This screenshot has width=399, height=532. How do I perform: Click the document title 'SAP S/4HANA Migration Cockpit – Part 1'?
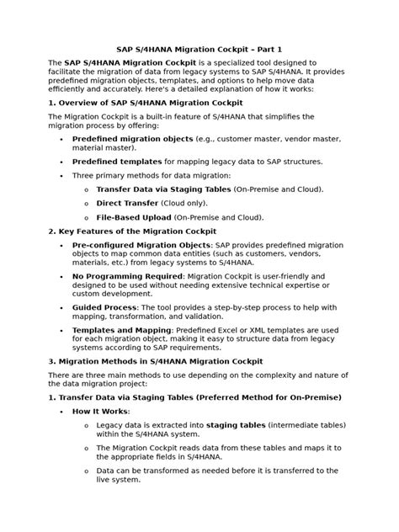(x=199, y=48)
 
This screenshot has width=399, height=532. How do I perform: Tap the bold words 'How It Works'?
(x=101, y=411)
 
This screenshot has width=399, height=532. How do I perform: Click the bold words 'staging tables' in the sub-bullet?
(x=238, y=426)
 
